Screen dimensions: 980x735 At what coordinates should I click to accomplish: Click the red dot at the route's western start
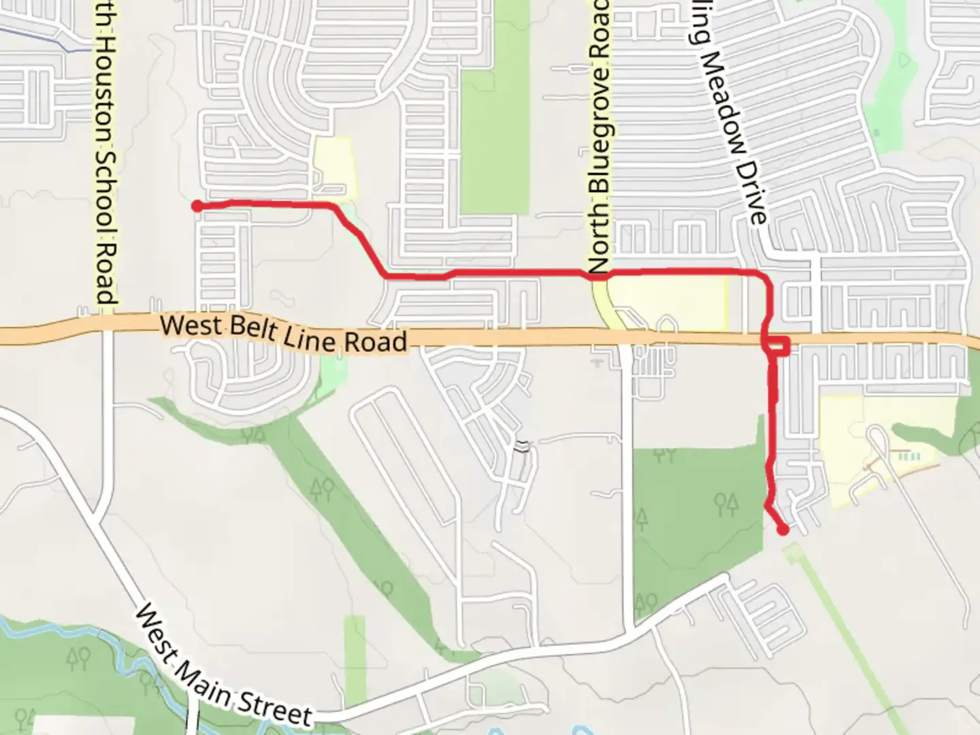[x=197, y=206]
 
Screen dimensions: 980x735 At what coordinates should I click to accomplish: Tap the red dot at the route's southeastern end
[x=783, y=529]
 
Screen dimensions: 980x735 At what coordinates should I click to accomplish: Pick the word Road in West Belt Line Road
[x=376, y=341]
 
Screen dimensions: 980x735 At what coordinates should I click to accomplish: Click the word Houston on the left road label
[x=103, y=88]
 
